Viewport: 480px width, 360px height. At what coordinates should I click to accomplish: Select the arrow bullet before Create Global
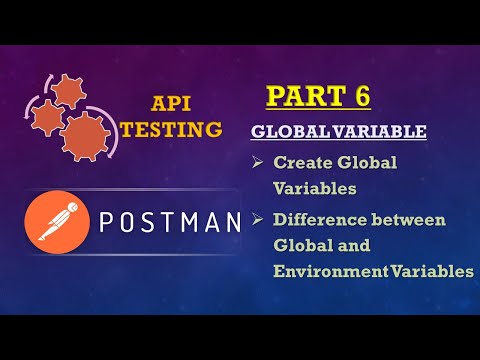pyautogui.click(x=258, y=162)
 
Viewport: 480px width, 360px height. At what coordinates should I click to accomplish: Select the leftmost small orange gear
pyautogui.click(x=45, y=116)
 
